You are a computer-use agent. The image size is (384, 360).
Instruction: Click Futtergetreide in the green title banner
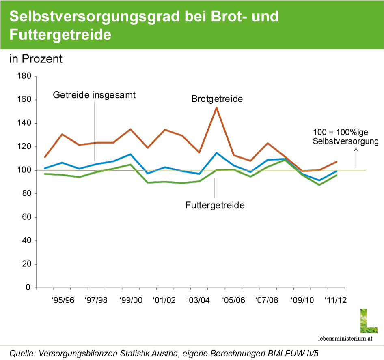click(x=60, y=35)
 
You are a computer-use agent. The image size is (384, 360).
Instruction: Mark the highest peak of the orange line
click(x=217, y=107)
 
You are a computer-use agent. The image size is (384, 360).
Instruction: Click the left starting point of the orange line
click(x=45, y=157)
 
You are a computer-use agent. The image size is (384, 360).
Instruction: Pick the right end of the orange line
click(x=337, y=161)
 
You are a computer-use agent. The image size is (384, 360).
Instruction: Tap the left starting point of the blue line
click(x=45, y=168)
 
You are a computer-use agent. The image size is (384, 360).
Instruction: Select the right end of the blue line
click(x=337, y=171)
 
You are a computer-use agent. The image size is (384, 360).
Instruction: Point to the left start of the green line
click(x=45, y=174)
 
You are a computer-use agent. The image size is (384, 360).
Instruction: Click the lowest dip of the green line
click(x=319, y=185)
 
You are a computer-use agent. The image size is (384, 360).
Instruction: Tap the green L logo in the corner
click(x=369, y=321)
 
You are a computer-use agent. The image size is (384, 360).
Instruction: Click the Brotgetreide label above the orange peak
click(x=217, y=99)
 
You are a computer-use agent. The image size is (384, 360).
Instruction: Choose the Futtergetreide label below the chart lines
click(x=215, y=205)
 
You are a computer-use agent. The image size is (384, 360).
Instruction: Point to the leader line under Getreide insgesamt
click(x=95, y=130)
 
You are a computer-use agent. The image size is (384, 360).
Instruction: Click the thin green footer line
click(x=192, y=345)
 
